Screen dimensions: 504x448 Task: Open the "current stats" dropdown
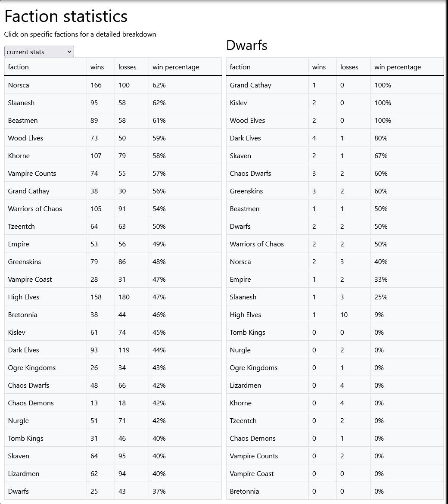point(39,52)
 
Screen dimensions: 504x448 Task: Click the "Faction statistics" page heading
point(66,16)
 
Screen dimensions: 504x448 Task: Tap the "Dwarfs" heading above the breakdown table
point(246,45)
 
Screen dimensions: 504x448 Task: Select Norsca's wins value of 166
point(96,85)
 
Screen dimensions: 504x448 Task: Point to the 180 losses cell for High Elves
point(124,297)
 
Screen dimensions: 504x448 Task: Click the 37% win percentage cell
point(159,492)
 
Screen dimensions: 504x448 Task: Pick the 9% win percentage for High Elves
point(379,315)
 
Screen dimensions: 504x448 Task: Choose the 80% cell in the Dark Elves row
point(381,138)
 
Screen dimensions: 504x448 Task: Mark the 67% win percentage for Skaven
point(381,156)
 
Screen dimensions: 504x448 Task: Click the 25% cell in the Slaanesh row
point(381,297)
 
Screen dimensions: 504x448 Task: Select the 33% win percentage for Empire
point(381,280)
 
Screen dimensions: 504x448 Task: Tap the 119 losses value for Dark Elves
point(124,350)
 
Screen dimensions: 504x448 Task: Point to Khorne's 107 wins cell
point(96,156)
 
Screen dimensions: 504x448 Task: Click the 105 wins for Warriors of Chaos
point(96,209)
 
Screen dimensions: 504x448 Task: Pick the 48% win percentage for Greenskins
point(159,262)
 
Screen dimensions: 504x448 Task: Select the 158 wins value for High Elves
point(96,297)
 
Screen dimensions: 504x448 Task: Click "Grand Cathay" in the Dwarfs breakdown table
point(250,85)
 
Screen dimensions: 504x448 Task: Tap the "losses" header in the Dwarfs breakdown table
point(349,67)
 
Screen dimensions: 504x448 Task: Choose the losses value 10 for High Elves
point(344,315)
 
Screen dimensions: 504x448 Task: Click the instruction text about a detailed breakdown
point(80,34)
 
